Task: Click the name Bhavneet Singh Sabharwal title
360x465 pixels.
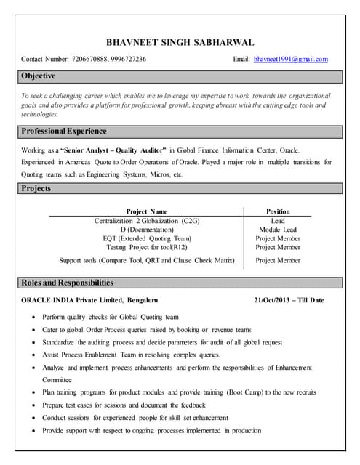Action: point(180,43)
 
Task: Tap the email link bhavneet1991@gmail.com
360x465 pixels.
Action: point(291,59)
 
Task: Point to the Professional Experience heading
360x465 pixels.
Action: point(64,132)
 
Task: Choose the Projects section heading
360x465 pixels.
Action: point(36,189)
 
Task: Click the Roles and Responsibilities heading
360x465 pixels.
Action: point(67,283)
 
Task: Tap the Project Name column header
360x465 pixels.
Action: point(147,211)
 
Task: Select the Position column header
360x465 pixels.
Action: point(278,211)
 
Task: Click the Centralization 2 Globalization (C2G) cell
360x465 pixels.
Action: point(147,220)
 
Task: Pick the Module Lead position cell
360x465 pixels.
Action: point(278,230)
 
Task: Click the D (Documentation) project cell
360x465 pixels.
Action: point(147,230)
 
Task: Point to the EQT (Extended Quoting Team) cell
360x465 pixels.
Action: point(147,238)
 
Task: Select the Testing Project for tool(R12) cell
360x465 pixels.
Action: point(147,247)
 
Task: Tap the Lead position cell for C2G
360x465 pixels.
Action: point(278,220)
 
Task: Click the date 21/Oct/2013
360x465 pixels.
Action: point(273,300)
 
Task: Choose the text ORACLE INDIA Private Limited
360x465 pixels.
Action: point(79,300)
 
